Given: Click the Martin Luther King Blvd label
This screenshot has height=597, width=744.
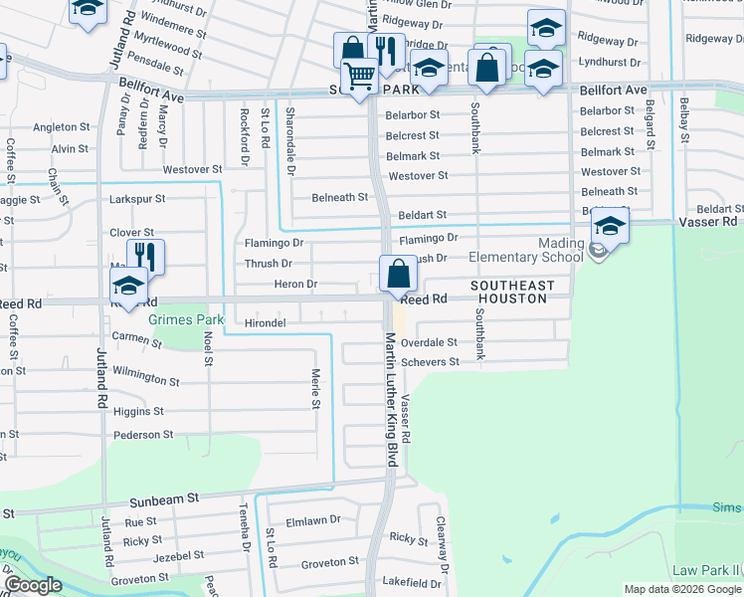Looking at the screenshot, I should point(391,398).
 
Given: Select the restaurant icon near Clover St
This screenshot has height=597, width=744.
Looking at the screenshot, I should point(145,257).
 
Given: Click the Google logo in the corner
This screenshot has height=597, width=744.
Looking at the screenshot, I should point(33,585).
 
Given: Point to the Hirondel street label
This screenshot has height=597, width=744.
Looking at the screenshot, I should point(265,323).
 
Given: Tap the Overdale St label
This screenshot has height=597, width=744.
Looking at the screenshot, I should point(429,342).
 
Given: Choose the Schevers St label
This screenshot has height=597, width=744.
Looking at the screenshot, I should point(429,362).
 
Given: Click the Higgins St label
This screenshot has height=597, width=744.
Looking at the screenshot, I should point(138,411).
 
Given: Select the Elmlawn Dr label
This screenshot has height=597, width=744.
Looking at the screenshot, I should point(313,519).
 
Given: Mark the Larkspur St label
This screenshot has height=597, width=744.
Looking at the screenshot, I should point(136,199).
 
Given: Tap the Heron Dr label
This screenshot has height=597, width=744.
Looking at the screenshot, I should point(296,285).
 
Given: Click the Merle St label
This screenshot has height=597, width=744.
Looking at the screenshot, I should point(315,389).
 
